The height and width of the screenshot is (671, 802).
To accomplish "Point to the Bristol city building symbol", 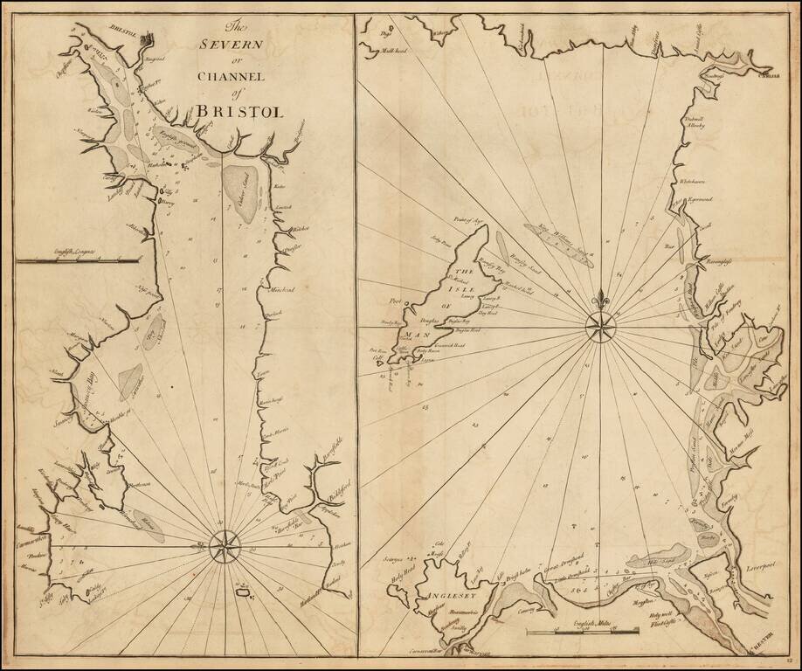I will [147, 38].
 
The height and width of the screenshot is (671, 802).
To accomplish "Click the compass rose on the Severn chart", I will [224, 548].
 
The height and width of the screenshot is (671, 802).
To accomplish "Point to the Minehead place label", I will [280, 290].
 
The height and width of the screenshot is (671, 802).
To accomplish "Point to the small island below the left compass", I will [242, 594].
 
